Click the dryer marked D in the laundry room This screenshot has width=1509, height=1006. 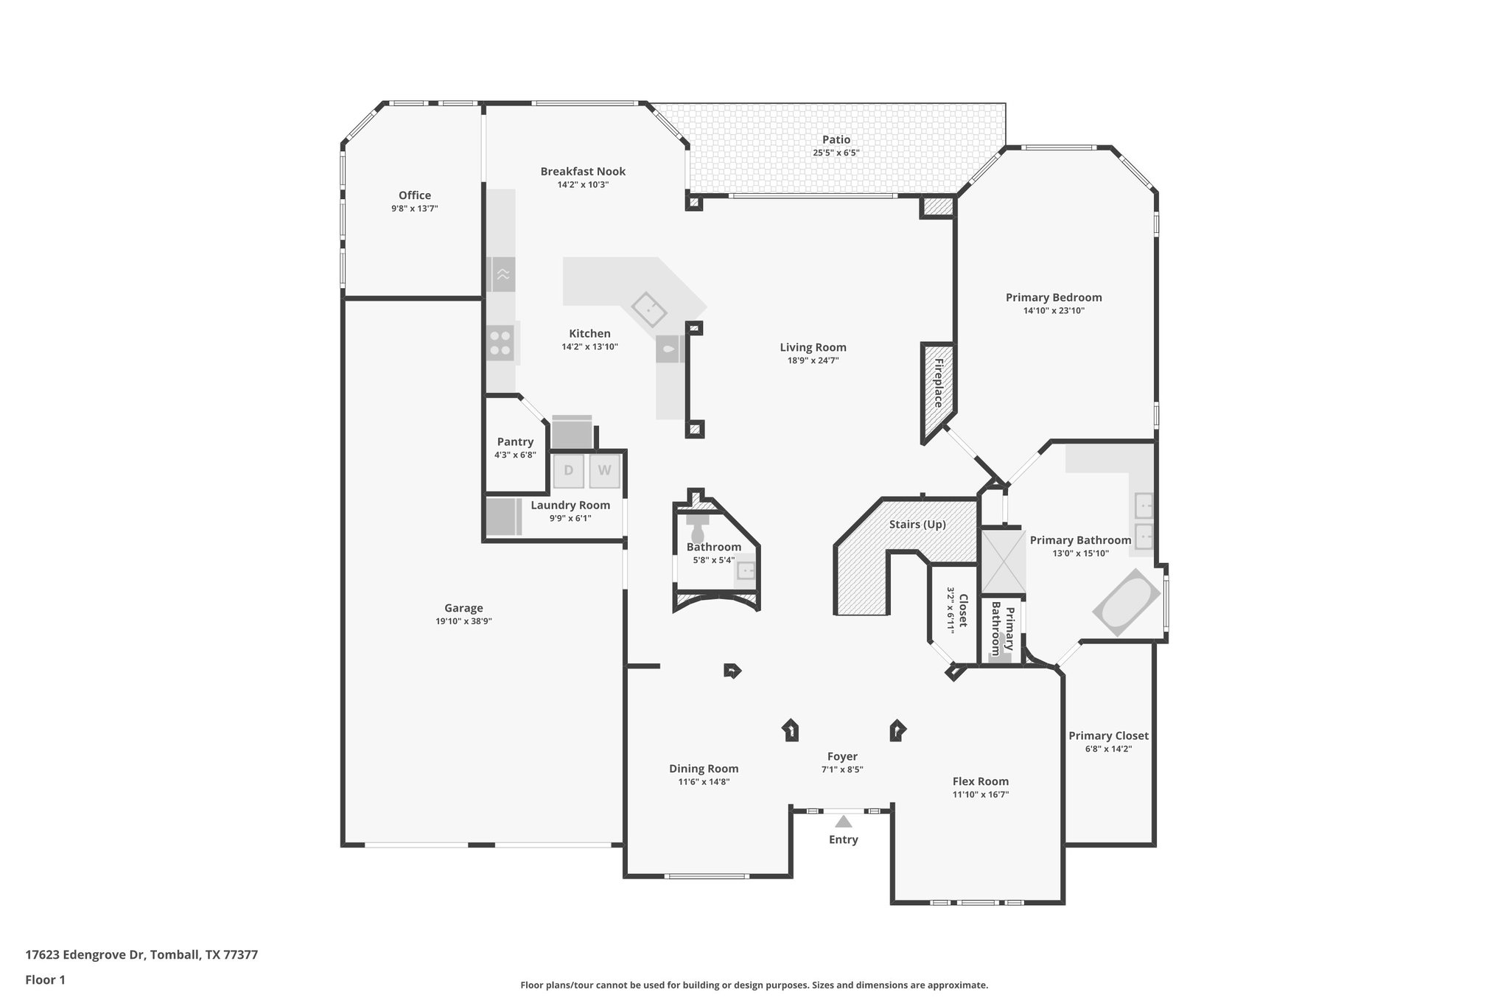point(568,471)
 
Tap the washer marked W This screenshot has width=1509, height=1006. point(604,471)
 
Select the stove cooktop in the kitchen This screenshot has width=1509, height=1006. point(501,343)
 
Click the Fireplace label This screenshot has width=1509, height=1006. point(938,383)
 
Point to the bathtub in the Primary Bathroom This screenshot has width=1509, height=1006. point(1126,603)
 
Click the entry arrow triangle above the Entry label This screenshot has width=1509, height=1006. point(843,821)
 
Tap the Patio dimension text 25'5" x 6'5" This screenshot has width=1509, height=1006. point(836,153)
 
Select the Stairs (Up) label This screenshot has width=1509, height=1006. point(917,525)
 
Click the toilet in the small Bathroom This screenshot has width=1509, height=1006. point(697,534)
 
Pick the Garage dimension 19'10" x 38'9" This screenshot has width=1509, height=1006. point(463,621)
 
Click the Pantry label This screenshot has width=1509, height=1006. point(515,442)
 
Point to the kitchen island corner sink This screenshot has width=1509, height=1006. point(649,309)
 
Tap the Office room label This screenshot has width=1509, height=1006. point(415,195)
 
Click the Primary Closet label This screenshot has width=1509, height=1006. point(1108,736)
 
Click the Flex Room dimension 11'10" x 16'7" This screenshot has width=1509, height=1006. point(980,794)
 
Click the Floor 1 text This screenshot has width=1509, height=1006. point(46,980)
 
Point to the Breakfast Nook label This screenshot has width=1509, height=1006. point(583,172)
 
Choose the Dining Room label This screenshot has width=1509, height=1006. point(704,769)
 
